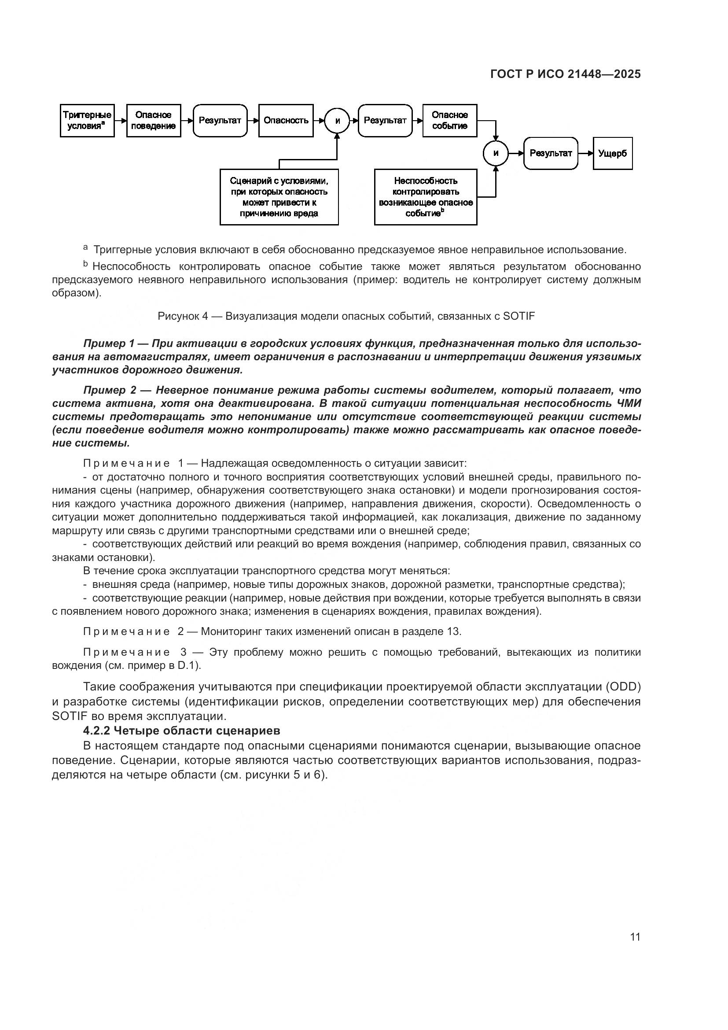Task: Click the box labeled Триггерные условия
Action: point(87,121)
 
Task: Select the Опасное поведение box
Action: point(153,121)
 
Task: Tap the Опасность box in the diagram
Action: point(286,121)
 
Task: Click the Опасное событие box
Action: point(450,121)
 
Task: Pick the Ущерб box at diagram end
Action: point(612,153)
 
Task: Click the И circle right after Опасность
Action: point(337,121)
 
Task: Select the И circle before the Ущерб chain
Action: point(495,153)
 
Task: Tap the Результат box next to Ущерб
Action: point(551,153)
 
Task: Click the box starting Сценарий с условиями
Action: point(279,197)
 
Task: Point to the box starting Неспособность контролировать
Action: point(426,197)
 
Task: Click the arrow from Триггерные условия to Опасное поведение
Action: point(121,121)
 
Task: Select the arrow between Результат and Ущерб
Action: point(585,153)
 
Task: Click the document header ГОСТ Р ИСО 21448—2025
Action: point(565,74)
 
